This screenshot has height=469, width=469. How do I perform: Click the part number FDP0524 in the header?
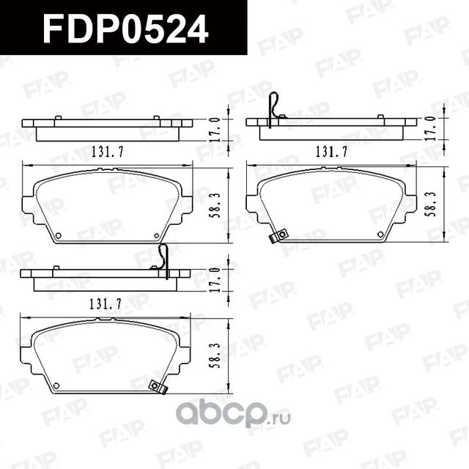pyautogui.click(x=125, y=29)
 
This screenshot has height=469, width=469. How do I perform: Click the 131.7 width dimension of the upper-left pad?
pyautogui.click(x=106, y=152)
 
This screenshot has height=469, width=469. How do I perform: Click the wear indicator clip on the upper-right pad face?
pyautogui.click(x=278, y=236)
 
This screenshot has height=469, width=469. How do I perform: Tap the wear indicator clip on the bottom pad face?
pyautogui.click(x=155, y=386)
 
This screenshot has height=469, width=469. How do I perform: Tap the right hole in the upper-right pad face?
pyautogui.click(x=381, y=234)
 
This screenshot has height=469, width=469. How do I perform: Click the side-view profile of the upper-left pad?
pyautogui.click(x=107, y=129)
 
